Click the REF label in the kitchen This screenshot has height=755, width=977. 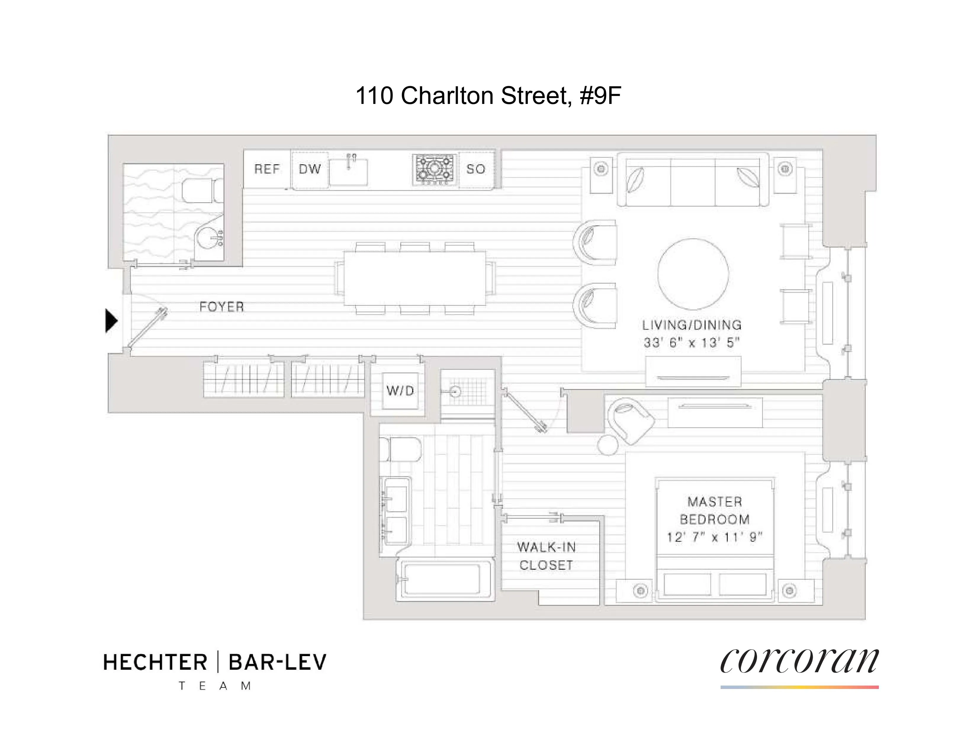point(267,169)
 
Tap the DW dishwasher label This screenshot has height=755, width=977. point(310,169)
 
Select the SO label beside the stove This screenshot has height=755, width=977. point(475,169)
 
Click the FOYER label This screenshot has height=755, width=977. point(222,307)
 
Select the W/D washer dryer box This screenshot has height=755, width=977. point(400,391)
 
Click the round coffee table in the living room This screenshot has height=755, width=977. point(693,274)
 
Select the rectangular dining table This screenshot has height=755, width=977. point(415,278)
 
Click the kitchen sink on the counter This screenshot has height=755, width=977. point(348,172)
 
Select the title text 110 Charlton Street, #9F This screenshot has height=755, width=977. point(488,96)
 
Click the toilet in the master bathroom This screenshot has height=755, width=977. point(401,449)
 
